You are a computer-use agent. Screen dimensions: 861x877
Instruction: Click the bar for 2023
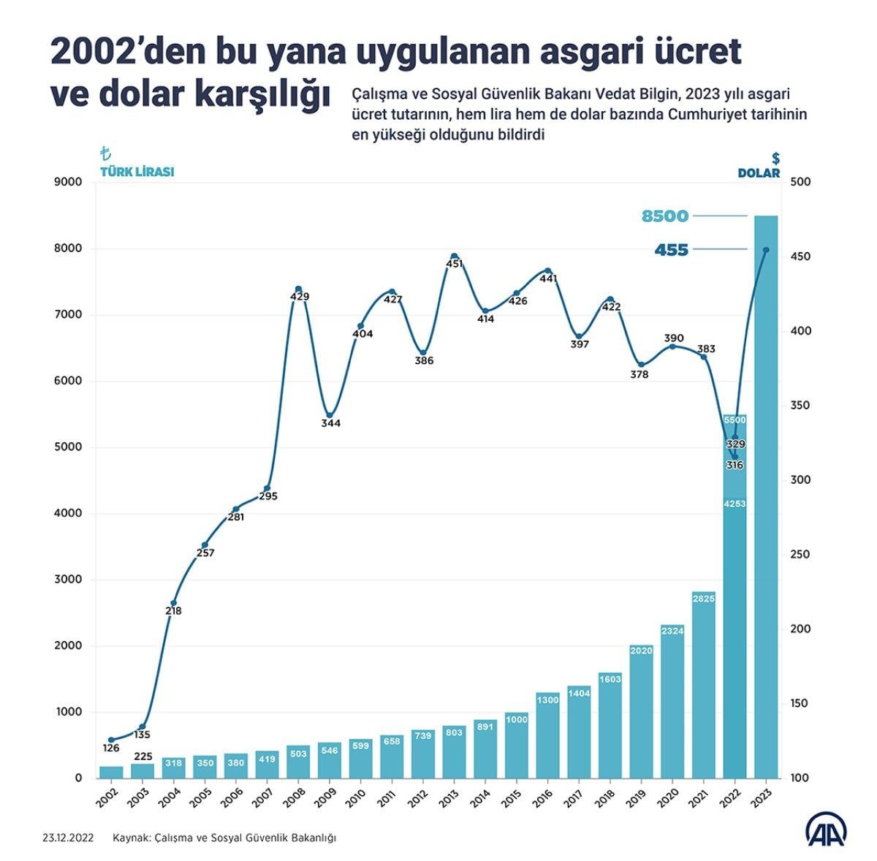(766, 497)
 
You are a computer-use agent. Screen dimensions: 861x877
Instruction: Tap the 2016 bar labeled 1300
(547, 735)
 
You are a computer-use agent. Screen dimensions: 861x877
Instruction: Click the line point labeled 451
(454, 257)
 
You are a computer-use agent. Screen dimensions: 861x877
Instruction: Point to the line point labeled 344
(330, 415)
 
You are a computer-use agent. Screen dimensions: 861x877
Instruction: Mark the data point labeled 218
(173, 603)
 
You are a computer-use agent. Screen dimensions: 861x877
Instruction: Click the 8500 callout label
(665, 216)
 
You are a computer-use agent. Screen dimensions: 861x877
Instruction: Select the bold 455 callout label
(671, 250)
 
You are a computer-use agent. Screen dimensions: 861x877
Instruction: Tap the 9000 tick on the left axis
(69, 182)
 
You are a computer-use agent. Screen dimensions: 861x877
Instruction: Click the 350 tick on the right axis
(801, 406)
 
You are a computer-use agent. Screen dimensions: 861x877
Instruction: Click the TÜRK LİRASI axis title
(137, 173)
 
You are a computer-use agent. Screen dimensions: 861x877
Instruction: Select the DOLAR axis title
(758, 173)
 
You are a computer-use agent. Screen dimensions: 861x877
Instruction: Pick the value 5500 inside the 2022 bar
(734, 420)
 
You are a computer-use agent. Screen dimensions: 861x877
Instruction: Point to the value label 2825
(704, 599)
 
